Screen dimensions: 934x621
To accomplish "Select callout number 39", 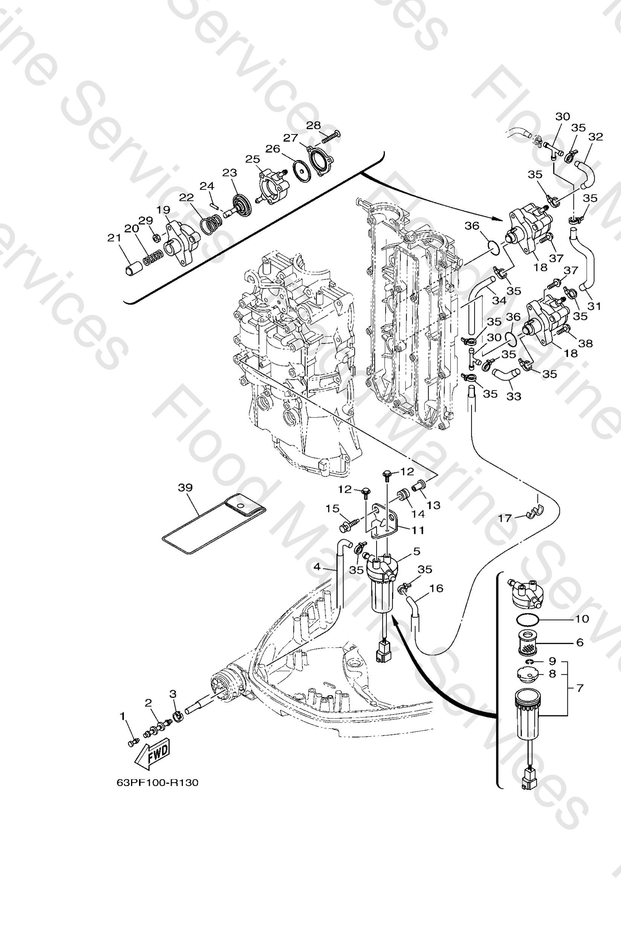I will [185, 488].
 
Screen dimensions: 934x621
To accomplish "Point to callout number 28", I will [313, 125].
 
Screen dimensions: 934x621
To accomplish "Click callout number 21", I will [114, 238].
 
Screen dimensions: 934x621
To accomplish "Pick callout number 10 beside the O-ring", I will [582, 619].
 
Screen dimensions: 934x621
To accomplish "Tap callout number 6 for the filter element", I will [580, 642].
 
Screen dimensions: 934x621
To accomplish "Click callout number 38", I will [586, 343].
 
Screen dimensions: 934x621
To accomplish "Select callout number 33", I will [514, 396].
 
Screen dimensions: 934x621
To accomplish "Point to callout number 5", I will [417, 551].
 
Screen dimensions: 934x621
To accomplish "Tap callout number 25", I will [253, 159].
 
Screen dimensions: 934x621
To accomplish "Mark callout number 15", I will [332, 508].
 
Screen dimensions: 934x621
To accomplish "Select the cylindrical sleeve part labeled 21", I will [131, 270].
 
